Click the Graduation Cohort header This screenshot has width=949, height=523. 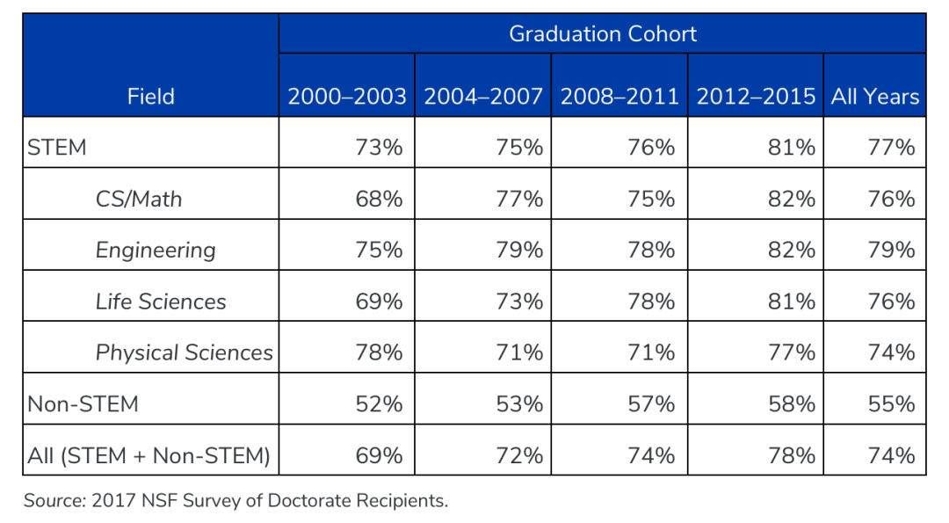point(602,34)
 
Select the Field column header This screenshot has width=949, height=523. point(150,97)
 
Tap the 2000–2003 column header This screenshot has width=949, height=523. point(347,97)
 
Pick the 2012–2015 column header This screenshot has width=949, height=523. point(756,97)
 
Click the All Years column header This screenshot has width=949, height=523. point(875,97)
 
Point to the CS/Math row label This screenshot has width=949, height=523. point(139,199)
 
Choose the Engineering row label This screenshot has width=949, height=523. point(156,251)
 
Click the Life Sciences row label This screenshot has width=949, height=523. point(161,301)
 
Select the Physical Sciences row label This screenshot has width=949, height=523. point(185,352)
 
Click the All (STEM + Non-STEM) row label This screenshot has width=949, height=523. point(149,455)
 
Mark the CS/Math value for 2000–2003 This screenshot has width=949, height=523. point(379,199)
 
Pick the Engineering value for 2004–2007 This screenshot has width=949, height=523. point(519,251)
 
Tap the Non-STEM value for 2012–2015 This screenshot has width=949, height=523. point(792,404)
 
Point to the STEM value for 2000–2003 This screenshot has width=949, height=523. point(379,148)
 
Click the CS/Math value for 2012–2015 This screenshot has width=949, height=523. point(792,199)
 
